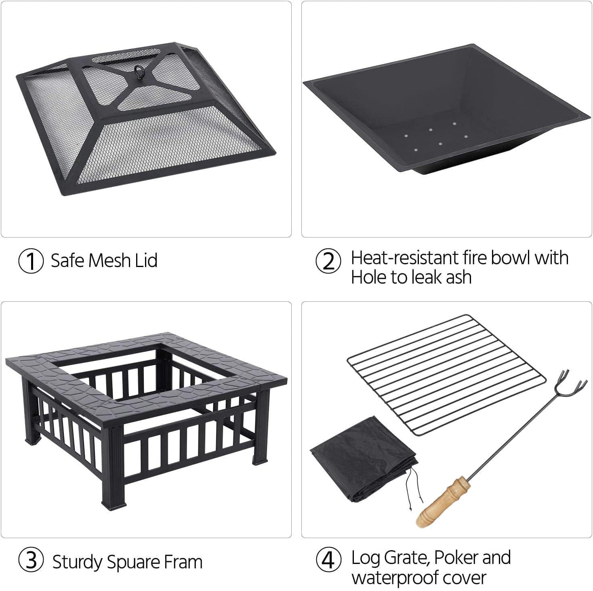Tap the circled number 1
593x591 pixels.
click(x=31, y=261)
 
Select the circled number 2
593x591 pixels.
click(x=328, y=261)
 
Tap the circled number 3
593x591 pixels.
click(x=31, y=561)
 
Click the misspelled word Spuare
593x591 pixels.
click(x=132, y=563)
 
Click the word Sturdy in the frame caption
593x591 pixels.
click(x=77, y=563)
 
